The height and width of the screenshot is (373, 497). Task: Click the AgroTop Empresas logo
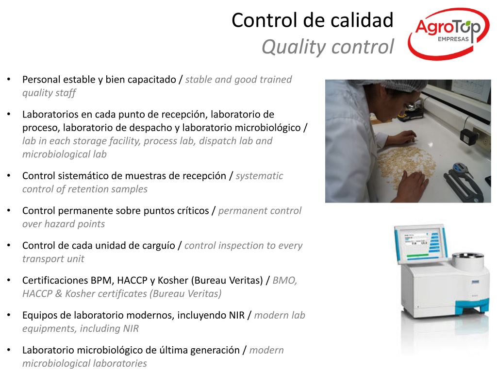(x=448, y=34)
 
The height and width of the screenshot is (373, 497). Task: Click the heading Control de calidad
(x=313, y=20)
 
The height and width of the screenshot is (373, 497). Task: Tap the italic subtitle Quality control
(x=328, y=47)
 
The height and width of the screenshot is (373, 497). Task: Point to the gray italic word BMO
(x=284, y=281)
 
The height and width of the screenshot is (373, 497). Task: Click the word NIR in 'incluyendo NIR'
(x=237, y=315)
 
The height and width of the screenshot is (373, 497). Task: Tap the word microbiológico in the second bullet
(x=268, y=128)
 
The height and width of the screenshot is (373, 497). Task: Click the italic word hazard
(x=58, y=224)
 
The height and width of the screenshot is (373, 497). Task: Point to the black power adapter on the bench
(x=468, y=136)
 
